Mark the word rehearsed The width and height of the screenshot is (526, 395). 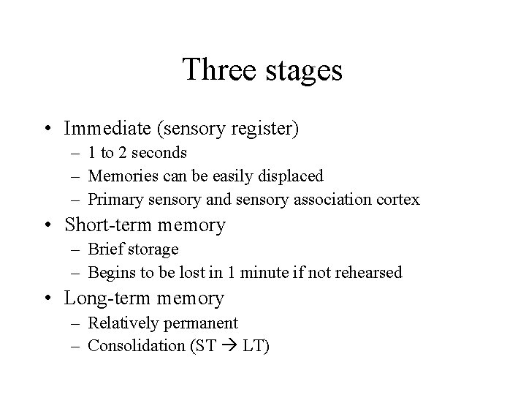(x=368, y=273)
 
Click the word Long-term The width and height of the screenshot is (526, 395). (x=104, y=298)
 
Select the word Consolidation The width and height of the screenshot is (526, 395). (x=135, y=346)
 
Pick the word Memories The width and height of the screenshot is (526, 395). (x=120, y=176)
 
